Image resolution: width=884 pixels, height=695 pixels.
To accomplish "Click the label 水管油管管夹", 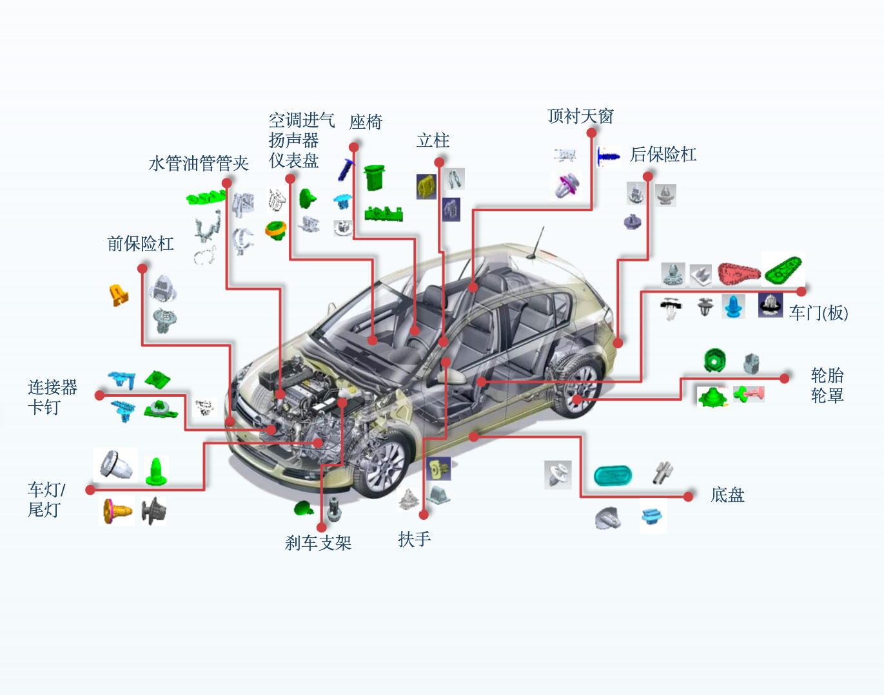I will click(x=199, y=164).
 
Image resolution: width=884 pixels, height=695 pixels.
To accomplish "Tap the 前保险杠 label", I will click(x=141, y=243).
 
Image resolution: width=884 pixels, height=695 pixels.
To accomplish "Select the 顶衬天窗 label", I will click(x=580, y=116).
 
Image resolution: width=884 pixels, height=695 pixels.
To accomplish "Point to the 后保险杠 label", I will click(x=663, y=155).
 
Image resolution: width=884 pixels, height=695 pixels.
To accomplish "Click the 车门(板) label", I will click(x=818, y=313).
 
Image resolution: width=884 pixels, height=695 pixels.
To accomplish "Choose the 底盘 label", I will click(x=727, y=495).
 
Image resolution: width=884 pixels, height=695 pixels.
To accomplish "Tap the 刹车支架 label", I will click(x=318, y=543).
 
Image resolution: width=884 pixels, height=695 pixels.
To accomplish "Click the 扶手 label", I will click(x=414, y=539).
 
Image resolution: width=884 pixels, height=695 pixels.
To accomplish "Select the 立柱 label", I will click(x=433, y=140).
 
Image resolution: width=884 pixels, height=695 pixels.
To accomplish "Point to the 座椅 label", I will click(x=366, y=122).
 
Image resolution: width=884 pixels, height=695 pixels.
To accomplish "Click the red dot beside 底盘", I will click(x=689, y=496).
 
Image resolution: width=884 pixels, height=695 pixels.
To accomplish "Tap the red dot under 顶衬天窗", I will click(x=591, y=133).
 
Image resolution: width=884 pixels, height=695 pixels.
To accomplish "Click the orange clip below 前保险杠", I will click(x=118, y=294).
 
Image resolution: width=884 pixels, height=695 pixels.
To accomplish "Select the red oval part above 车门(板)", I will click(x=738, y=273).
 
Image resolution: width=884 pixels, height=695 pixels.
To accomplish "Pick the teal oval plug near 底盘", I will click(x=613, y=476).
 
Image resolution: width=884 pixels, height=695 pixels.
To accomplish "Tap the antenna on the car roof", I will click(x=537, y=242).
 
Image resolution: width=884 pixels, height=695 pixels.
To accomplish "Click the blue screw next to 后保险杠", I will click(x=607, y=156).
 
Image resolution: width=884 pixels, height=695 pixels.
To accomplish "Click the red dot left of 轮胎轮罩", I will click(x=785, y=378).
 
